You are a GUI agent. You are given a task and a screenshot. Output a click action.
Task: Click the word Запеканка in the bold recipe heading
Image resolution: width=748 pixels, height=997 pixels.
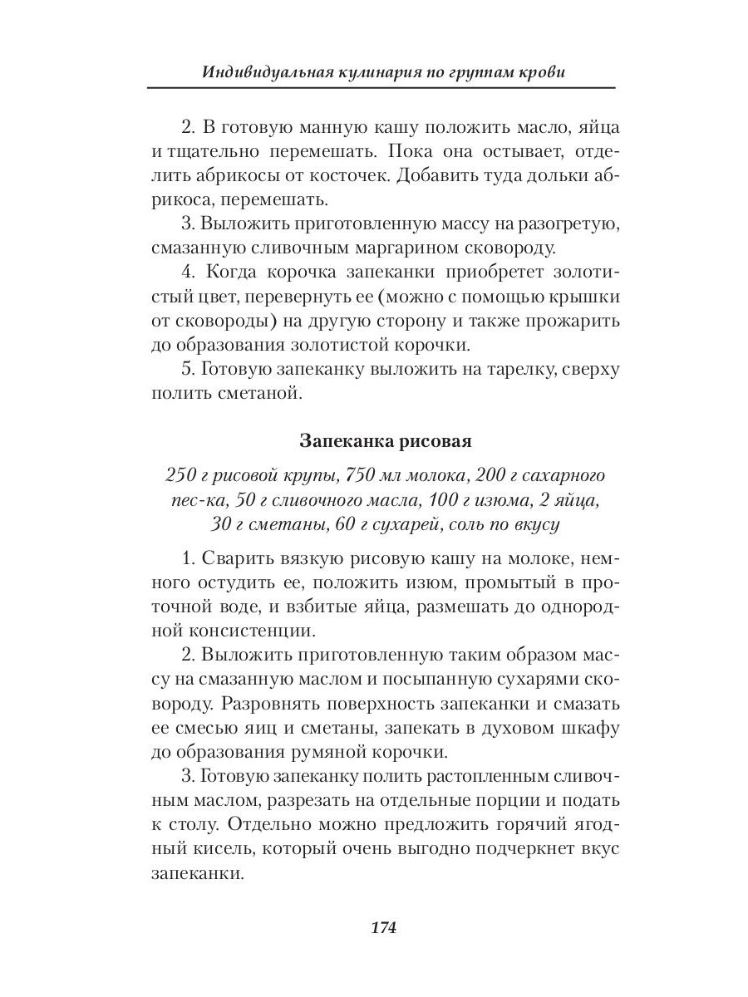(339, 441)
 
